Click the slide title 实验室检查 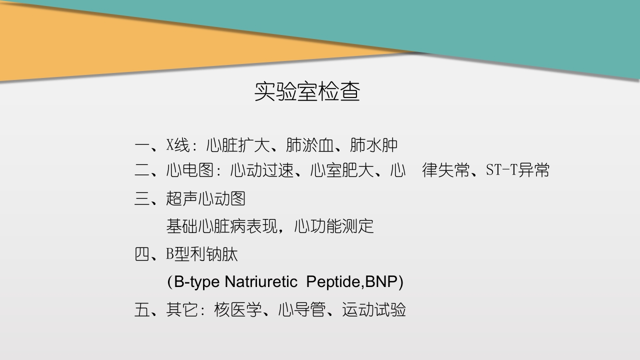click(307, 91)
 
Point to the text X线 click(178, 145)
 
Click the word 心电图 click(190, 170)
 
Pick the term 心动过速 click(261, 170)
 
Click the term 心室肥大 click(341, 170)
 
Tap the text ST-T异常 click(517, 170)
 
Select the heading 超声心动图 click(205, 198)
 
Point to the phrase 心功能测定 click(333, 226)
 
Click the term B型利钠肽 click(202, 254)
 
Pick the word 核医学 click(237, 310)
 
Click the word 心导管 click(301, 310)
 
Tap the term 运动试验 click(373, 310)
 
